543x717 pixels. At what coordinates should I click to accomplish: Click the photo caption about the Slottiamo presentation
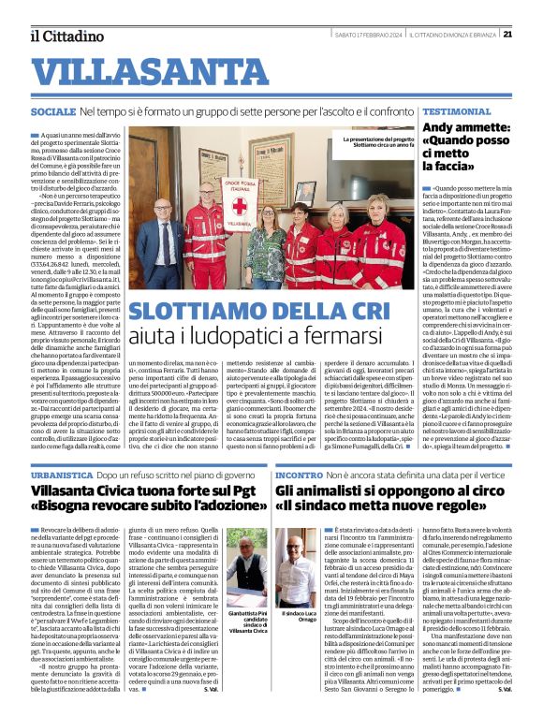click(x=384, y=142)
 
